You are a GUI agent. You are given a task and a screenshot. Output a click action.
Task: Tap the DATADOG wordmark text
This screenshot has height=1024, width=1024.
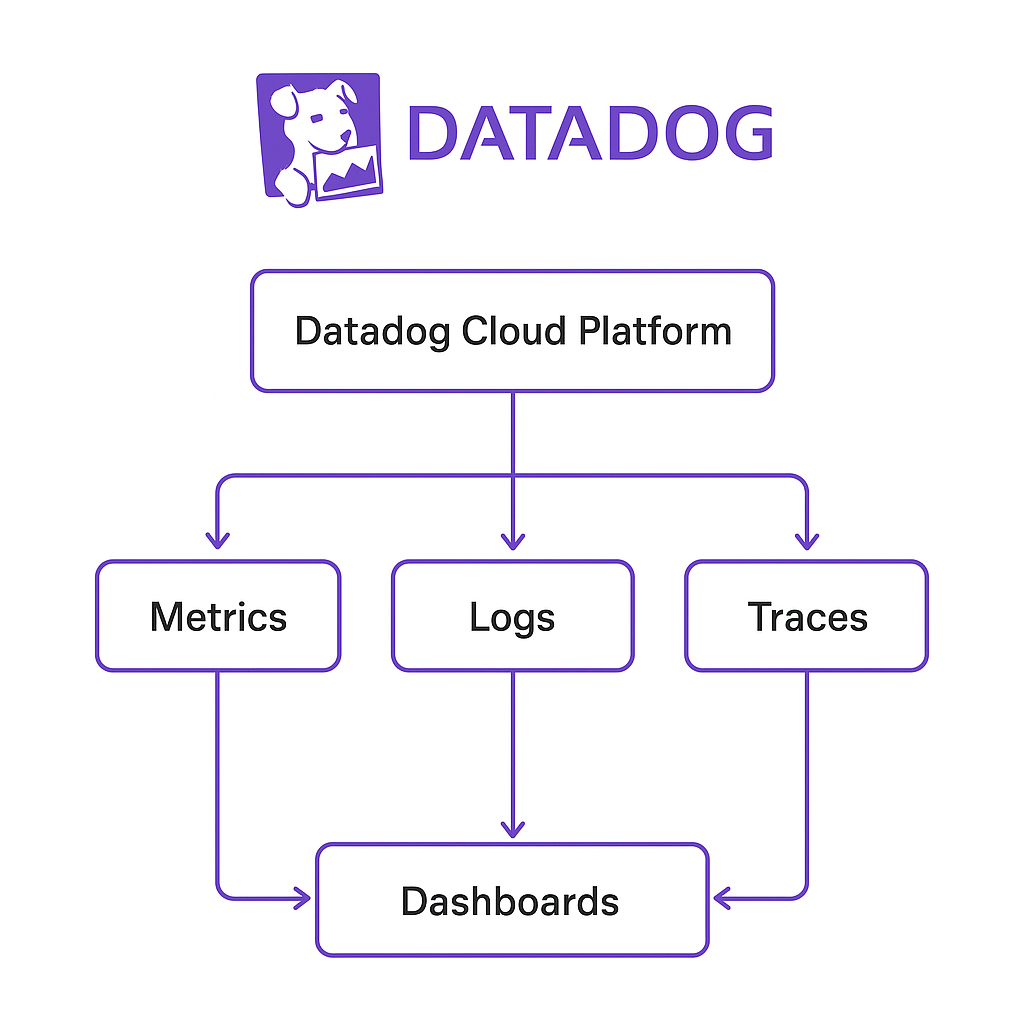pyautogui.click(x=590, y=134)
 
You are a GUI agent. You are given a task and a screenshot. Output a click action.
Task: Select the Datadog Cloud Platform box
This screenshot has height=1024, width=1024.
pyautogui.click(x=512, y=331)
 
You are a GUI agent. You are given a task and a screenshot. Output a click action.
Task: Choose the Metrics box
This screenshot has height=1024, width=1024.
pyautogui.click(x=218, y=616)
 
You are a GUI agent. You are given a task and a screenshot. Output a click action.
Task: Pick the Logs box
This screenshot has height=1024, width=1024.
pyautogui.click(x=512, y=616)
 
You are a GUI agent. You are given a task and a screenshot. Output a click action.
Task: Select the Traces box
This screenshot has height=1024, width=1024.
pyautogui.click(x=807, y=616)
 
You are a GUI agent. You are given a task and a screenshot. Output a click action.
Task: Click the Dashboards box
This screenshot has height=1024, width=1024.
pyautogui.click(x=512, y=900)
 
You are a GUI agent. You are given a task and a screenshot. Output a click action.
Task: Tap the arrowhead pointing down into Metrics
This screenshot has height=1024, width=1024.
pyautogui.click(x=218, y=540)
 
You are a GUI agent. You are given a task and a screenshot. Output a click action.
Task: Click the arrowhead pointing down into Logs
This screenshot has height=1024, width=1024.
pyautogui.click(x=513, y=540)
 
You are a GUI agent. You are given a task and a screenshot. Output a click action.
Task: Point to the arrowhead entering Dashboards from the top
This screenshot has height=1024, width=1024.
pyautogui.click(x=513, y=827)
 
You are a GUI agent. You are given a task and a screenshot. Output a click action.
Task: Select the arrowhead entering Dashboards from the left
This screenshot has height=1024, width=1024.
pyautogui.click(x=301, y=898)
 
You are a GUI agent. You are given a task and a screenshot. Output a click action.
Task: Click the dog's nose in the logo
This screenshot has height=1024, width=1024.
pyautogui.click(x=345, y=135)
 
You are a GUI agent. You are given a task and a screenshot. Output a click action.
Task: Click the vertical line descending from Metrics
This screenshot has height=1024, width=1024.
pyautogui.click(x=218, y=770)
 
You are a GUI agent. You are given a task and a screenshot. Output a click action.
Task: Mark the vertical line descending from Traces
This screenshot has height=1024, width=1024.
pyautogui.click(x=807, y=770)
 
